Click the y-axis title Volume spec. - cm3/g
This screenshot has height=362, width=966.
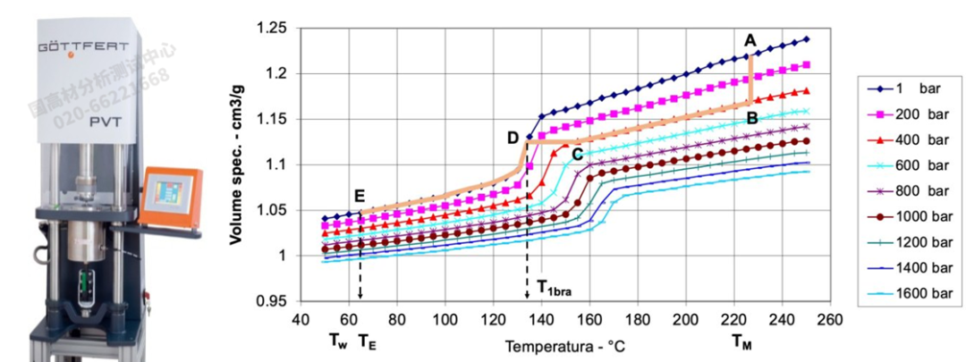(x=240, y=164)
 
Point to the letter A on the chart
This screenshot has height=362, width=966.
(x=750, y=39)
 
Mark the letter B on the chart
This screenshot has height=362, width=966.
(x=752, y=117)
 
